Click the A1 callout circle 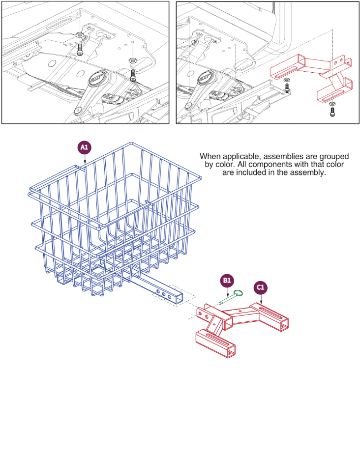(85, 146)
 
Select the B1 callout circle (227, 280)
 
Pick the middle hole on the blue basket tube (163, 294)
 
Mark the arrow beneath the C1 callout (261, 300)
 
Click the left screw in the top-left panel (80, 49)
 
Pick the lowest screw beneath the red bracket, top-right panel (332, 113)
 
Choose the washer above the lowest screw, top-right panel (332, 104)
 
